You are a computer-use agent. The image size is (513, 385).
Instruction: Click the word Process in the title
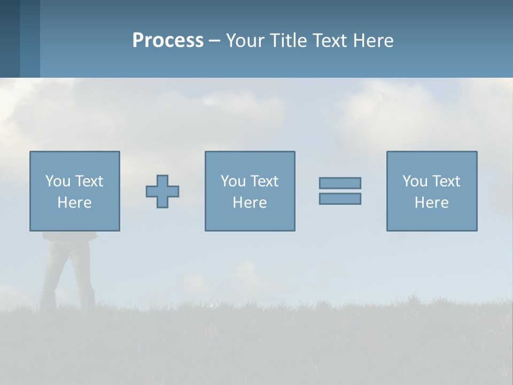168,41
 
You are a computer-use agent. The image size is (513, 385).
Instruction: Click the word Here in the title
374,41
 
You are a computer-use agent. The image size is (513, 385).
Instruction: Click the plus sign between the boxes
162,191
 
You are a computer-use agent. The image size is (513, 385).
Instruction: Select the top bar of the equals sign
340,183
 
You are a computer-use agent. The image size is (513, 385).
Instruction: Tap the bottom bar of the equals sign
340,198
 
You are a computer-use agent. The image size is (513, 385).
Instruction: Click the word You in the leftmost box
57,181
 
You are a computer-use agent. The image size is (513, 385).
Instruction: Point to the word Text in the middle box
265,181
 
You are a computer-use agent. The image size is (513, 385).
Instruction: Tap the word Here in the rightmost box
431,203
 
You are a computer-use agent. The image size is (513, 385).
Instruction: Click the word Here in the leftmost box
74,203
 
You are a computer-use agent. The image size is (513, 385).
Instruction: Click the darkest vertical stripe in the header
10,38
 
